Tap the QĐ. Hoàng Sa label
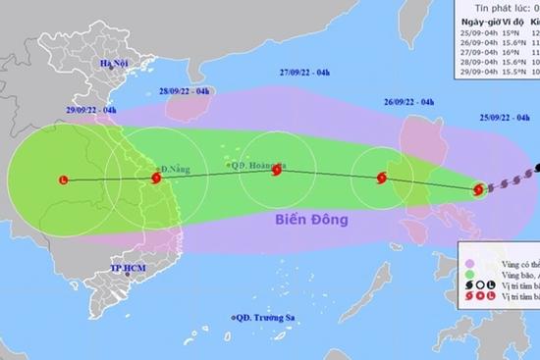click(267, 165)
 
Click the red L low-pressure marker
click(65, 180)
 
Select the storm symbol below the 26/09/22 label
click(382, 178)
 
